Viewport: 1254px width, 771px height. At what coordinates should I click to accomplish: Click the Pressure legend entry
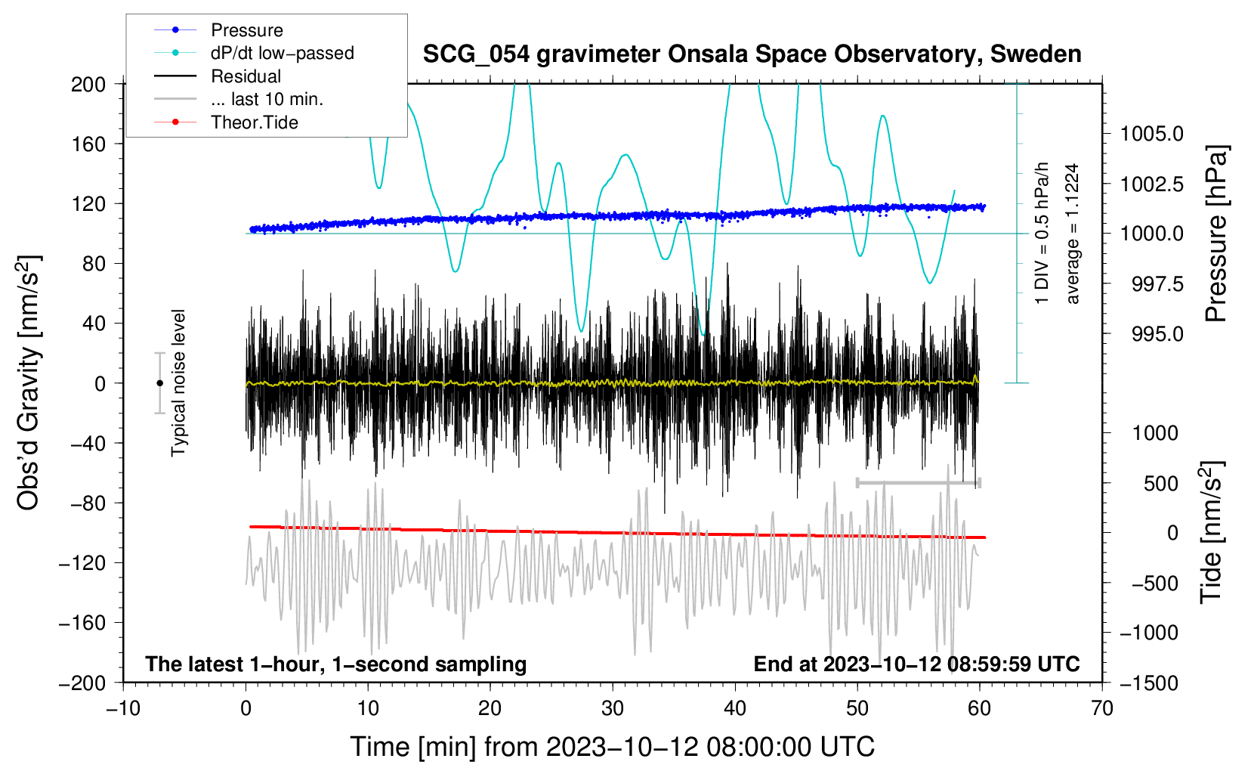pyautogui.click(x=246, y=30)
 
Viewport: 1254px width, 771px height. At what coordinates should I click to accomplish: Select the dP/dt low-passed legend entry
pyautogui.click(x=282, y=53)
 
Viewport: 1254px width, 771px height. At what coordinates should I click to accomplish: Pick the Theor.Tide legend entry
pyautogui.click(x=254, y=122)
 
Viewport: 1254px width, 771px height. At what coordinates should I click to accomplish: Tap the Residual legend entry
pyautogui.click(x=246, y=76)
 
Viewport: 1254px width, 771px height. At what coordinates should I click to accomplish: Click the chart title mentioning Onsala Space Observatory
pyautogui.click(x=752, y=54)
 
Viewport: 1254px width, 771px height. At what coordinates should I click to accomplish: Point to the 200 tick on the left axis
pyautogui.click(x=88, y=84)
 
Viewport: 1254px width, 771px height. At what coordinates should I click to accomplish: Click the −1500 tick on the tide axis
pyautogui.click(x=1149, y=683)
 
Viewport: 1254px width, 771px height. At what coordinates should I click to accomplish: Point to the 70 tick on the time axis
pyautogui.click(x=1102, y=708)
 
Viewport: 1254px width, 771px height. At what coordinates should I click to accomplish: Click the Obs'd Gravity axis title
pyautogui.click(x=29, y=382)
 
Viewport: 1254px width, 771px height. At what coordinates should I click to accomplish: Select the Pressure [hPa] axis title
pyautogui.click(x=1215, y=234)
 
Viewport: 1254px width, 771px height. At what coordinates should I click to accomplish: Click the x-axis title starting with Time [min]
pyautogui.click(x=613, y=747)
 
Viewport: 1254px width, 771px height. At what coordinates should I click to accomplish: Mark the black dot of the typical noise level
pyautogui.click(x=159, y=383)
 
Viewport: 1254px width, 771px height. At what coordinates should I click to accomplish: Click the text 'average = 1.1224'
pyautogui.click(x=1072, y=234)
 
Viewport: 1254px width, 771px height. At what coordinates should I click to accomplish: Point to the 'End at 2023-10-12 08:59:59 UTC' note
pyautogui.click(x=916, y=664)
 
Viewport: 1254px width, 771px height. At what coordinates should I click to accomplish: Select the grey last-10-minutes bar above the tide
pyautogui.click(x=918, y=482)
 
